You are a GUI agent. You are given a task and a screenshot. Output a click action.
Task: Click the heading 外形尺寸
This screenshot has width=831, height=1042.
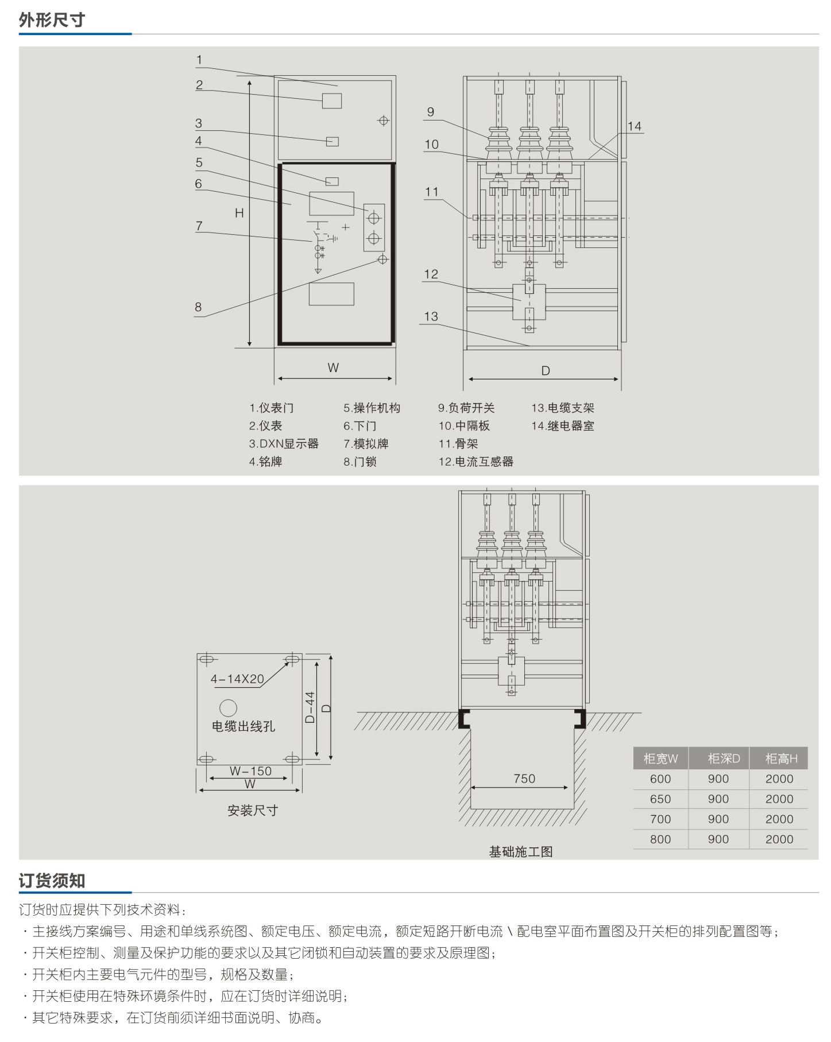[52, 20]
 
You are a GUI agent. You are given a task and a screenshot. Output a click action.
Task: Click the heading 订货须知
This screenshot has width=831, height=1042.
[52, 881]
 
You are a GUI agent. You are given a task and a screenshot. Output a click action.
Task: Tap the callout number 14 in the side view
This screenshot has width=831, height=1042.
[634, 126]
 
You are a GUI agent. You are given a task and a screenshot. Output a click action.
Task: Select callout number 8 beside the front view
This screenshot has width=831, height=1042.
[198, 307]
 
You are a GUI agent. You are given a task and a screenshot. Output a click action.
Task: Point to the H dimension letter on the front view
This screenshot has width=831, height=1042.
[239, 213]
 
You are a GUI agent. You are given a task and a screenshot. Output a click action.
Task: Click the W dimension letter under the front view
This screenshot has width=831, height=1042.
[333, 368]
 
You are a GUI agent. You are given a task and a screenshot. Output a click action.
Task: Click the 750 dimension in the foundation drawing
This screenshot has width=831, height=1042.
[524, 778]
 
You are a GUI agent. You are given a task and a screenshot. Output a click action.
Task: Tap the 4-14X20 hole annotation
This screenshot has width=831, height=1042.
[237, 679]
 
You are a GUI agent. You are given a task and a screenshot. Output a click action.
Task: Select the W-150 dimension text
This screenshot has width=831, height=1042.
[250, 771]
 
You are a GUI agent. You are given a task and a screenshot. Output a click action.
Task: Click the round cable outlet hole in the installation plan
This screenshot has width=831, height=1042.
[228, 707]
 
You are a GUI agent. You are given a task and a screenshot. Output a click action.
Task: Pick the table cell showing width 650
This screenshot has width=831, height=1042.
[660, 799]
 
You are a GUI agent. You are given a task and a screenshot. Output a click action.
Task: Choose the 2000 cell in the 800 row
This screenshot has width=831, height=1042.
[779, 839]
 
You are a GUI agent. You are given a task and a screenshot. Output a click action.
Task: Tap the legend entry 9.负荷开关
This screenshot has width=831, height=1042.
[466, 408]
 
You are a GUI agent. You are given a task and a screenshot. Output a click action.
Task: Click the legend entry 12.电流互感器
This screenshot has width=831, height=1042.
[476, 462]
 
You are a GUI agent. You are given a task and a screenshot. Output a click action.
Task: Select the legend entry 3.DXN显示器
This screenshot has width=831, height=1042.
[284, 444]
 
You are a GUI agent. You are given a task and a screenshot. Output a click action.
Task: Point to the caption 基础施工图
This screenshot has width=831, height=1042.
[521, 851]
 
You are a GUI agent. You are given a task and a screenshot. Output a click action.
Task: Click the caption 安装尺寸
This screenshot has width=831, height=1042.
[253, 810]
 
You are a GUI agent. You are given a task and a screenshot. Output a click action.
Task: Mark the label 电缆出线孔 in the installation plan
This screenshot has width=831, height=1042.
[243, 726]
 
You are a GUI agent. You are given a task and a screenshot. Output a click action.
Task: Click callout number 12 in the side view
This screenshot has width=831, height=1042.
[431, 274]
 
